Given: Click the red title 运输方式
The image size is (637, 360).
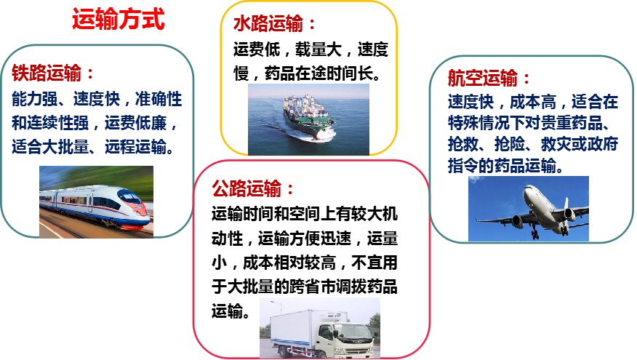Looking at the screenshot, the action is (119, 19).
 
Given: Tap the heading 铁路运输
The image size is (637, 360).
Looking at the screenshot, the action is (47, 73).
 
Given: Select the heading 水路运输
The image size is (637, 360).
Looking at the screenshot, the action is (268, 23).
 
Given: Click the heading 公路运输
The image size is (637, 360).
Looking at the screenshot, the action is (247, 188).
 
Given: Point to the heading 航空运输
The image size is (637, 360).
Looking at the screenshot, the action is (483, 78).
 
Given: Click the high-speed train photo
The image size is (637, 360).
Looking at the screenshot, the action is (96, 201).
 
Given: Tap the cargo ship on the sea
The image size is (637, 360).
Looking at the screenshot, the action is (309, 119).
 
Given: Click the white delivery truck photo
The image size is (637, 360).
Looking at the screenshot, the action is (320, 327).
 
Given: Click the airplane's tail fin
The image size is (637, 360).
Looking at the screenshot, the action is (566, 202).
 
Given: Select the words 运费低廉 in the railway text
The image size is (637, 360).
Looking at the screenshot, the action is (135, 123).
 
